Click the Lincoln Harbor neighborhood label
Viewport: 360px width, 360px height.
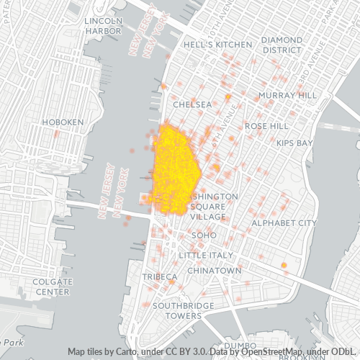pyautogui.click(x=103, y=25)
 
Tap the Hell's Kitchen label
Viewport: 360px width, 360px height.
pyautogui.click(x=217, y=44)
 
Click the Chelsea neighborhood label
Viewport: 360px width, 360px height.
pyautogui.click(x=192, y=104)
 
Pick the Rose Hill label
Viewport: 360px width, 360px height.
pyautogui.click(x=266, y=125)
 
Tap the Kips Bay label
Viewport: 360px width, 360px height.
pyautogui.click(x=294, y=143)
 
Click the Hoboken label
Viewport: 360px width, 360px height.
pyautogui.click(x=63, y=123)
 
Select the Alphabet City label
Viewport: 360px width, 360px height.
pyautogui.click(x=284, y=223)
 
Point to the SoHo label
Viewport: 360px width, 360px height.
pyautogui.click(x=204, y=235)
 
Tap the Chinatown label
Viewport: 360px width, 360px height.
pyautogui.click(x=214, y=270)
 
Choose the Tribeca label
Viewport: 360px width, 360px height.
pyautogui.click(x=160, y=276)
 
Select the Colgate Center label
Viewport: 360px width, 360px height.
pyautogui.click(x=53, y=287)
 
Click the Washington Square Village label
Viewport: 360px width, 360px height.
pyautogui.click(x=208, y=206)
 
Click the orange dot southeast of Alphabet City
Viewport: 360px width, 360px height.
pyautogui.click(x=284, y=266)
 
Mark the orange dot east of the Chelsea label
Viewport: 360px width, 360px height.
pyautogui.click(x=228, y=96)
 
